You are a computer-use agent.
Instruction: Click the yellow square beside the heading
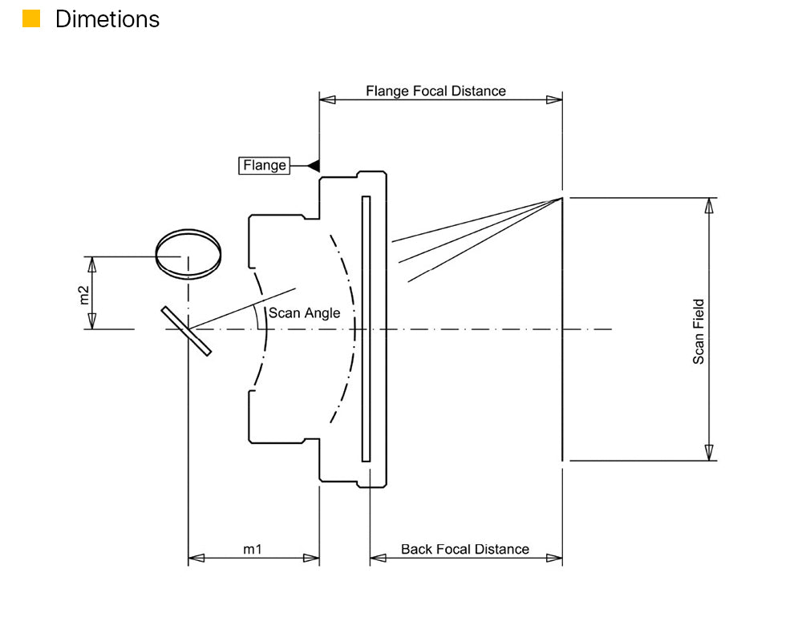[31, 19]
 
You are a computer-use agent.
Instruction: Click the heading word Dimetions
[107, 19]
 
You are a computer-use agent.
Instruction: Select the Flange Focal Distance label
[435, 91]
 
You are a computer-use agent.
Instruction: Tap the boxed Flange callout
[264, 165]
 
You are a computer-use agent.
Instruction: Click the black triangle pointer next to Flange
[314, 165]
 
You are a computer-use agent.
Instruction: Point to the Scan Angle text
[304, 313]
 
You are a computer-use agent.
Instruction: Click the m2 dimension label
[84, 293]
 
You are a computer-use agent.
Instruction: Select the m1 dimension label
[253, 549]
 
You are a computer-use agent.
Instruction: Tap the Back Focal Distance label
[464, 549]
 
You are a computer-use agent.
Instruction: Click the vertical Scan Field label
[699, 332]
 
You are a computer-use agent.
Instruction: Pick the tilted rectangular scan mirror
[186, 330]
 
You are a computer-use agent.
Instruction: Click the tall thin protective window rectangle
[366, 329]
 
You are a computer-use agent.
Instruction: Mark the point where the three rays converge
[561, 199]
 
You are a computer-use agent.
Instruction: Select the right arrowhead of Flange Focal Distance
[553, 99]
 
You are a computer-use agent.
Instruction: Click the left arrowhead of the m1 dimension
[196, 558]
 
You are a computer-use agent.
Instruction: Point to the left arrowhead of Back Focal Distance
[379, 558]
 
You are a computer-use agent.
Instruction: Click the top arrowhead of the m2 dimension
[91, 264]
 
